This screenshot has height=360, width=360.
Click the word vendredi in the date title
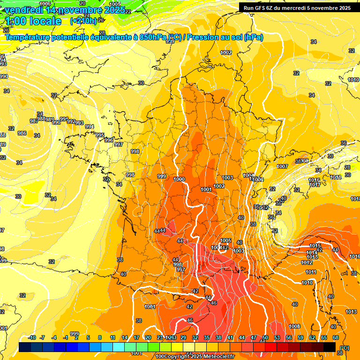23,10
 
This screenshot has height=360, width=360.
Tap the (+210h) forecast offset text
83,21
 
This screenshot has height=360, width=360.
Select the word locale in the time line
45,21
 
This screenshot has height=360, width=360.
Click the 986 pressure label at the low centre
22,134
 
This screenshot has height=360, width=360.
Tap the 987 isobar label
34,121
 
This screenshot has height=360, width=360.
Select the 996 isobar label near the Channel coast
109,140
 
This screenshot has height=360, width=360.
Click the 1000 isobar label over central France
179,180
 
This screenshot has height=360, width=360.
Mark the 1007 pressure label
282,166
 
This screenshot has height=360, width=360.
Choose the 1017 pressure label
315,185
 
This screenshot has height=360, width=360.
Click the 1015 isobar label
315,246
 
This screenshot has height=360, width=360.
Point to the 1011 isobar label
310,272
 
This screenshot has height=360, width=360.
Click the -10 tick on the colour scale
32,337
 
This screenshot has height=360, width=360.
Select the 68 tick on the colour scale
336,337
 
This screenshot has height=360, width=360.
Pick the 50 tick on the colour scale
265,337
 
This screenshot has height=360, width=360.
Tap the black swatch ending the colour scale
330,347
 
